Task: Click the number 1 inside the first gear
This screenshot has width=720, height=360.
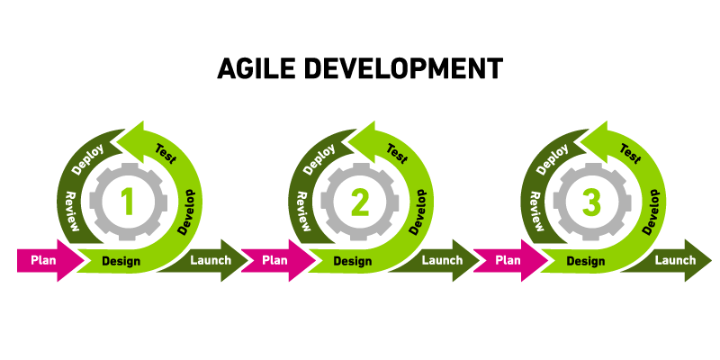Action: (x=128, y=202)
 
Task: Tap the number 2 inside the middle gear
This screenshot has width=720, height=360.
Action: (x=359, y=202)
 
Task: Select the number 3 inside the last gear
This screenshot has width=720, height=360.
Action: (x=591, y=202)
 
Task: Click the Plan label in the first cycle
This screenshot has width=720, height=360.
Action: (x=44, y=261)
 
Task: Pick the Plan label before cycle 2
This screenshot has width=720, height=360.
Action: (x=275, y=261)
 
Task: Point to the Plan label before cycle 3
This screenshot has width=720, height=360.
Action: (x=508, y=261)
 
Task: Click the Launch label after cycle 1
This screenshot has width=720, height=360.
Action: (x=211, y=261)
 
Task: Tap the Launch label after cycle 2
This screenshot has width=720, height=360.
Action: (x=442, y=261)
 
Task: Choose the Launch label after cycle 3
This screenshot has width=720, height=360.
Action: (x=674, y=261)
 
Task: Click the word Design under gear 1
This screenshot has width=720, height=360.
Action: (x=121, y=262)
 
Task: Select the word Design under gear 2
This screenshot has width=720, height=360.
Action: (x=352, y=262)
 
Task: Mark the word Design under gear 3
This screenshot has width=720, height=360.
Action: (x=584, y=262)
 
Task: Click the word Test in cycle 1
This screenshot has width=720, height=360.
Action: (x=166, y=153)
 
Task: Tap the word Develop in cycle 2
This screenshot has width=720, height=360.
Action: (x=419, y=212)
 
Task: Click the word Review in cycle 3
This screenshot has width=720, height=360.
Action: (x=535, y=211)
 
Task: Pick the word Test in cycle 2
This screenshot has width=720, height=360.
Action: (x=397, y=153)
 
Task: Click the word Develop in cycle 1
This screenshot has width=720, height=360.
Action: (x=188, y=212)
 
